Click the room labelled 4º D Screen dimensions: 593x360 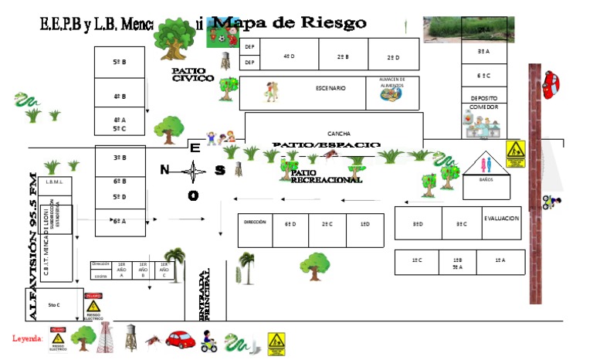point(290,56)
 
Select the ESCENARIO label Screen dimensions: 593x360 point(331,88)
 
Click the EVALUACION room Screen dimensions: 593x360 point(502,219)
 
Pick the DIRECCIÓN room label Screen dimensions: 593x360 point(255,222)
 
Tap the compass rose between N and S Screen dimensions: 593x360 point(192,170)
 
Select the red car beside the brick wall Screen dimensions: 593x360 point(551,83)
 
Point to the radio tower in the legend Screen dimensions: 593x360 point(103,338)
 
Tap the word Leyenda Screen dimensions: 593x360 point(26,338)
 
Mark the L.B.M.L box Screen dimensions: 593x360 point(54,182)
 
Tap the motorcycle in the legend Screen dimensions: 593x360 point(208,339)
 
